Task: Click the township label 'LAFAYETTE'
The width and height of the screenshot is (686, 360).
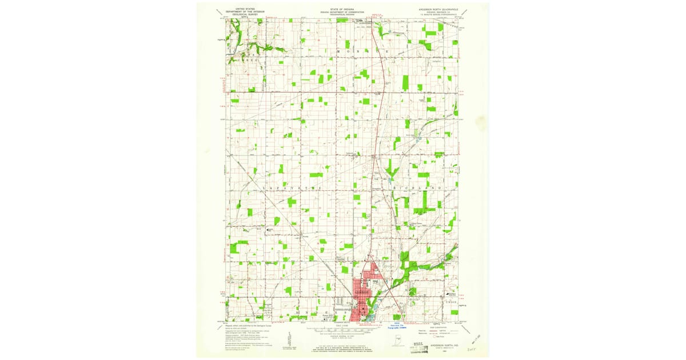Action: tap(287, 188)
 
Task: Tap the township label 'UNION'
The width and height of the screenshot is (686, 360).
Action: tap(450, 301)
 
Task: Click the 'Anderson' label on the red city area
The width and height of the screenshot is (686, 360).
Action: tap(362, 292)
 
